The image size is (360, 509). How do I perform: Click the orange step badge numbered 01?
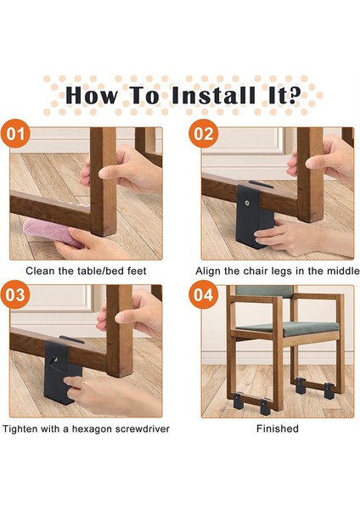tap(15, 134)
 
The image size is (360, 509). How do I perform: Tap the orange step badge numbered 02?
tap(204, 134)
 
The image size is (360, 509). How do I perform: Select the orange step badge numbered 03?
tap(15, 295)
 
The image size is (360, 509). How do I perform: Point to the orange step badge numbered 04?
tap(204, 295)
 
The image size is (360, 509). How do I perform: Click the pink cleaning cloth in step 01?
tap(53, 232)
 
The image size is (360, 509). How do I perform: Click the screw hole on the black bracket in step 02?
tap(248, 204)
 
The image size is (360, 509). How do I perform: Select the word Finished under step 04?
tap(278, 428)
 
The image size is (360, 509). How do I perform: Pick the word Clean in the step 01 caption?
tap(40, 271)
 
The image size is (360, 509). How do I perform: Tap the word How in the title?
tap(92, 95)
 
